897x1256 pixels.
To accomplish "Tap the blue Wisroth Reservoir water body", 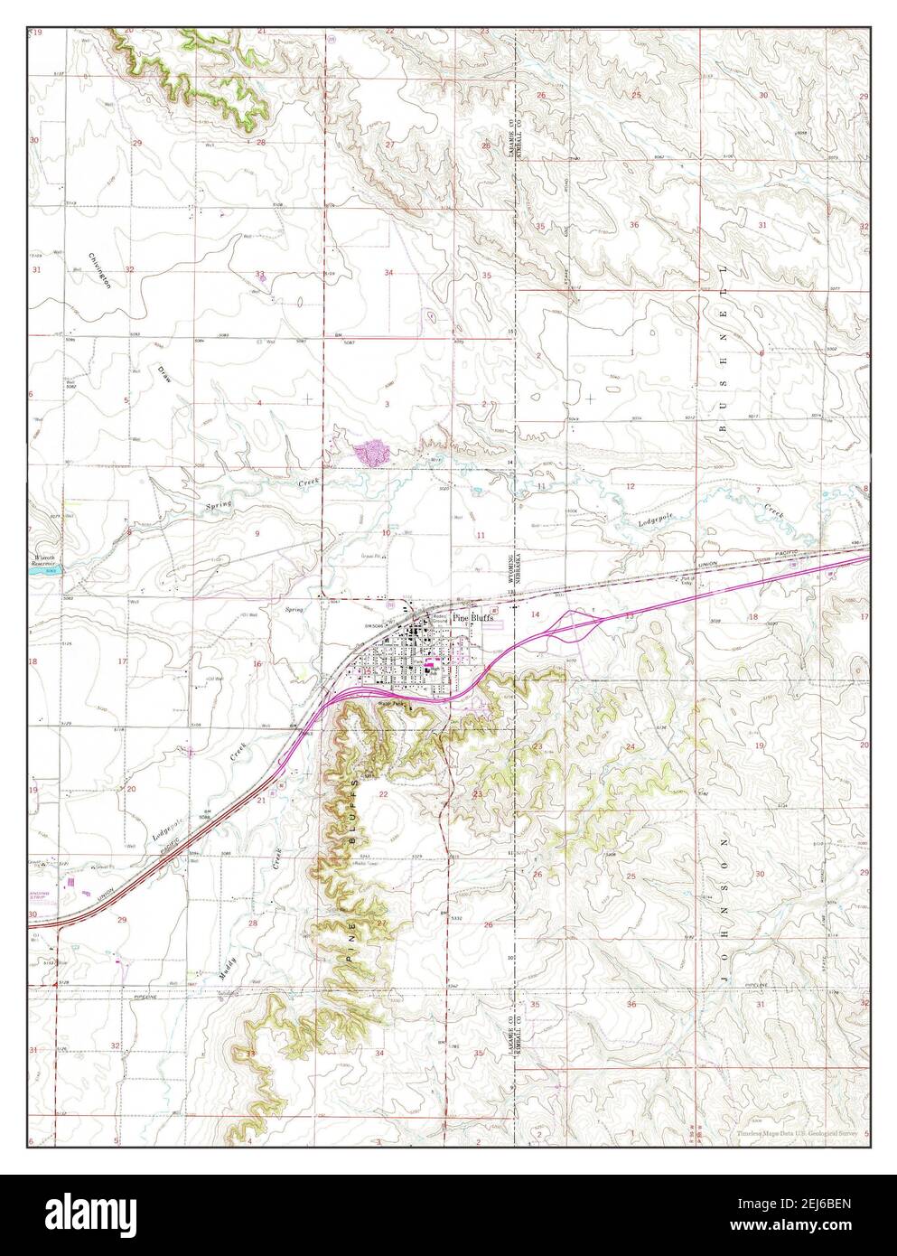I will (x=44, y=571).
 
